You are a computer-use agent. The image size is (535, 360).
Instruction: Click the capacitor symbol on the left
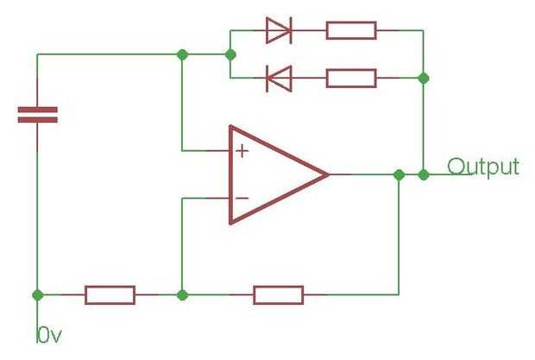pos(37,115)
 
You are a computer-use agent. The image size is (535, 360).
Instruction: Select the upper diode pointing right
pos(277,30)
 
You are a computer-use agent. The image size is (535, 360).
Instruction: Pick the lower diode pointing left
pos(277,79)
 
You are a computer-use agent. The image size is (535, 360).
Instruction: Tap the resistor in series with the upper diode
pos(351,30)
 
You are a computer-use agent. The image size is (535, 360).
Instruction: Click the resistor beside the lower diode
pos(351,79)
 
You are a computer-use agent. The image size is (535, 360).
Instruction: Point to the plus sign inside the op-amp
pos(242,152)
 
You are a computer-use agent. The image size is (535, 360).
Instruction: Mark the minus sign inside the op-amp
pos(242,198)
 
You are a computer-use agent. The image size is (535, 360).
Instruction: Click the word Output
pos(483,167)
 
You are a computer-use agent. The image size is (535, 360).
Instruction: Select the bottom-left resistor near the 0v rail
pos(110,294)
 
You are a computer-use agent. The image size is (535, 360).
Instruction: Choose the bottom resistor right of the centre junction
pos(278,294)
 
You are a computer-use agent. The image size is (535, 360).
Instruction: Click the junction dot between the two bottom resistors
pos(182,294)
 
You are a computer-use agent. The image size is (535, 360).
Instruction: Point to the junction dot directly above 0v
pos(37,294)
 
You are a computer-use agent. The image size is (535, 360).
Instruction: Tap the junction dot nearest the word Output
pos(424,174)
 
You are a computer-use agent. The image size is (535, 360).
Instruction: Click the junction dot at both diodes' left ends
pos(230,54)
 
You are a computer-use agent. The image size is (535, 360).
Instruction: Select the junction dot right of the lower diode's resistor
pos(424,79)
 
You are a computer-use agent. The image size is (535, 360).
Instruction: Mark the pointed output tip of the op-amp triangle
pos(328,174)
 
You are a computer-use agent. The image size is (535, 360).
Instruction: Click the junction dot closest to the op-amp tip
pos(398,174)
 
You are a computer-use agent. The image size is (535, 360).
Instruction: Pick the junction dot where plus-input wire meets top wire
pos(182,54)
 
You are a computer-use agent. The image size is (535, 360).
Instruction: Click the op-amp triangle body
pos(272,174)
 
